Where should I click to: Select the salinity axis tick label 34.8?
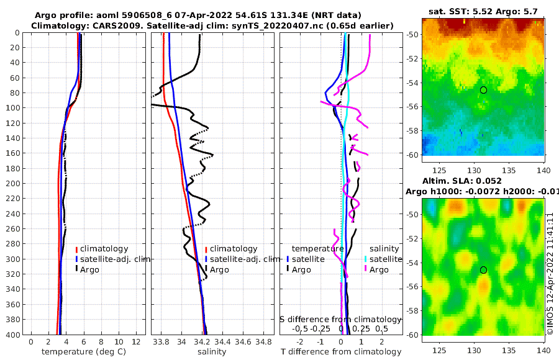[264, 342]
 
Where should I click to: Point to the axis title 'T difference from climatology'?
[340, 352]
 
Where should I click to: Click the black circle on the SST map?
[483, 90]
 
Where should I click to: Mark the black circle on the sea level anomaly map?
[483, 270]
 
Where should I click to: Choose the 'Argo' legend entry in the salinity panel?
[219, 270]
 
